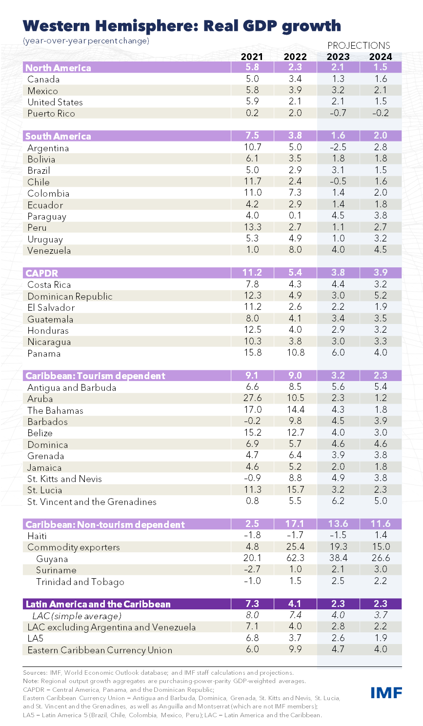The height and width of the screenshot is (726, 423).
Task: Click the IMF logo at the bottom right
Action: tap(386, 692)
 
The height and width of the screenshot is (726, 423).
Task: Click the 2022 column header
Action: tap(295, 57)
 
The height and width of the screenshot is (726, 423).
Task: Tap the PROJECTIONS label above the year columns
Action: tap(359, 45)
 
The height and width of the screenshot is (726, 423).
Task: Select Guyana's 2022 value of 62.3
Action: tap(295, 558)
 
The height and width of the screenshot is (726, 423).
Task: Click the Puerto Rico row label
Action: tap(51, 114)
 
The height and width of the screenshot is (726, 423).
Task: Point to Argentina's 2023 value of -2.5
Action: tap(338, 147)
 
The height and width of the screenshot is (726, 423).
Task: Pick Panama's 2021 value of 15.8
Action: tap(252, 353)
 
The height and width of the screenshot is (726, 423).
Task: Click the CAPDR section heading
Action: tap(42, 273)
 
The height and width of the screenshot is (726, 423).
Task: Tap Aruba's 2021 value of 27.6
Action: tap(252, 398)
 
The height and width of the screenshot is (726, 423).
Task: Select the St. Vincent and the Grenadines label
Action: tap(92, 502)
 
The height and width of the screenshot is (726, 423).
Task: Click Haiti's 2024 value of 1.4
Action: tap(381, 535)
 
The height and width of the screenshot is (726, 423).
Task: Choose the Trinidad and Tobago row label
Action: tap(80, 582)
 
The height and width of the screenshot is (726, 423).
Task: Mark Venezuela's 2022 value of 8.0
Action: tap(295, 250)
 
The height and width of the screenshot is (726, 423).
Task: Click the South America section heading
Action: tap(58, 136)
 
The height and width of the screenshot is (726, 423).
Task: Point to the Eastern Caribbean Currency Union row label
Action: tap(100, 650)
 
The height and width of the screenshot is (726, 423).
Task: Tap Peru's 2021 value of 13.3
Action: tap(252, 227)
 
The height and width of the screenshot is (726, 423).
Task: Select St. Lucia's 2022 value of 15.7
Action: tap(295, 489)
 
